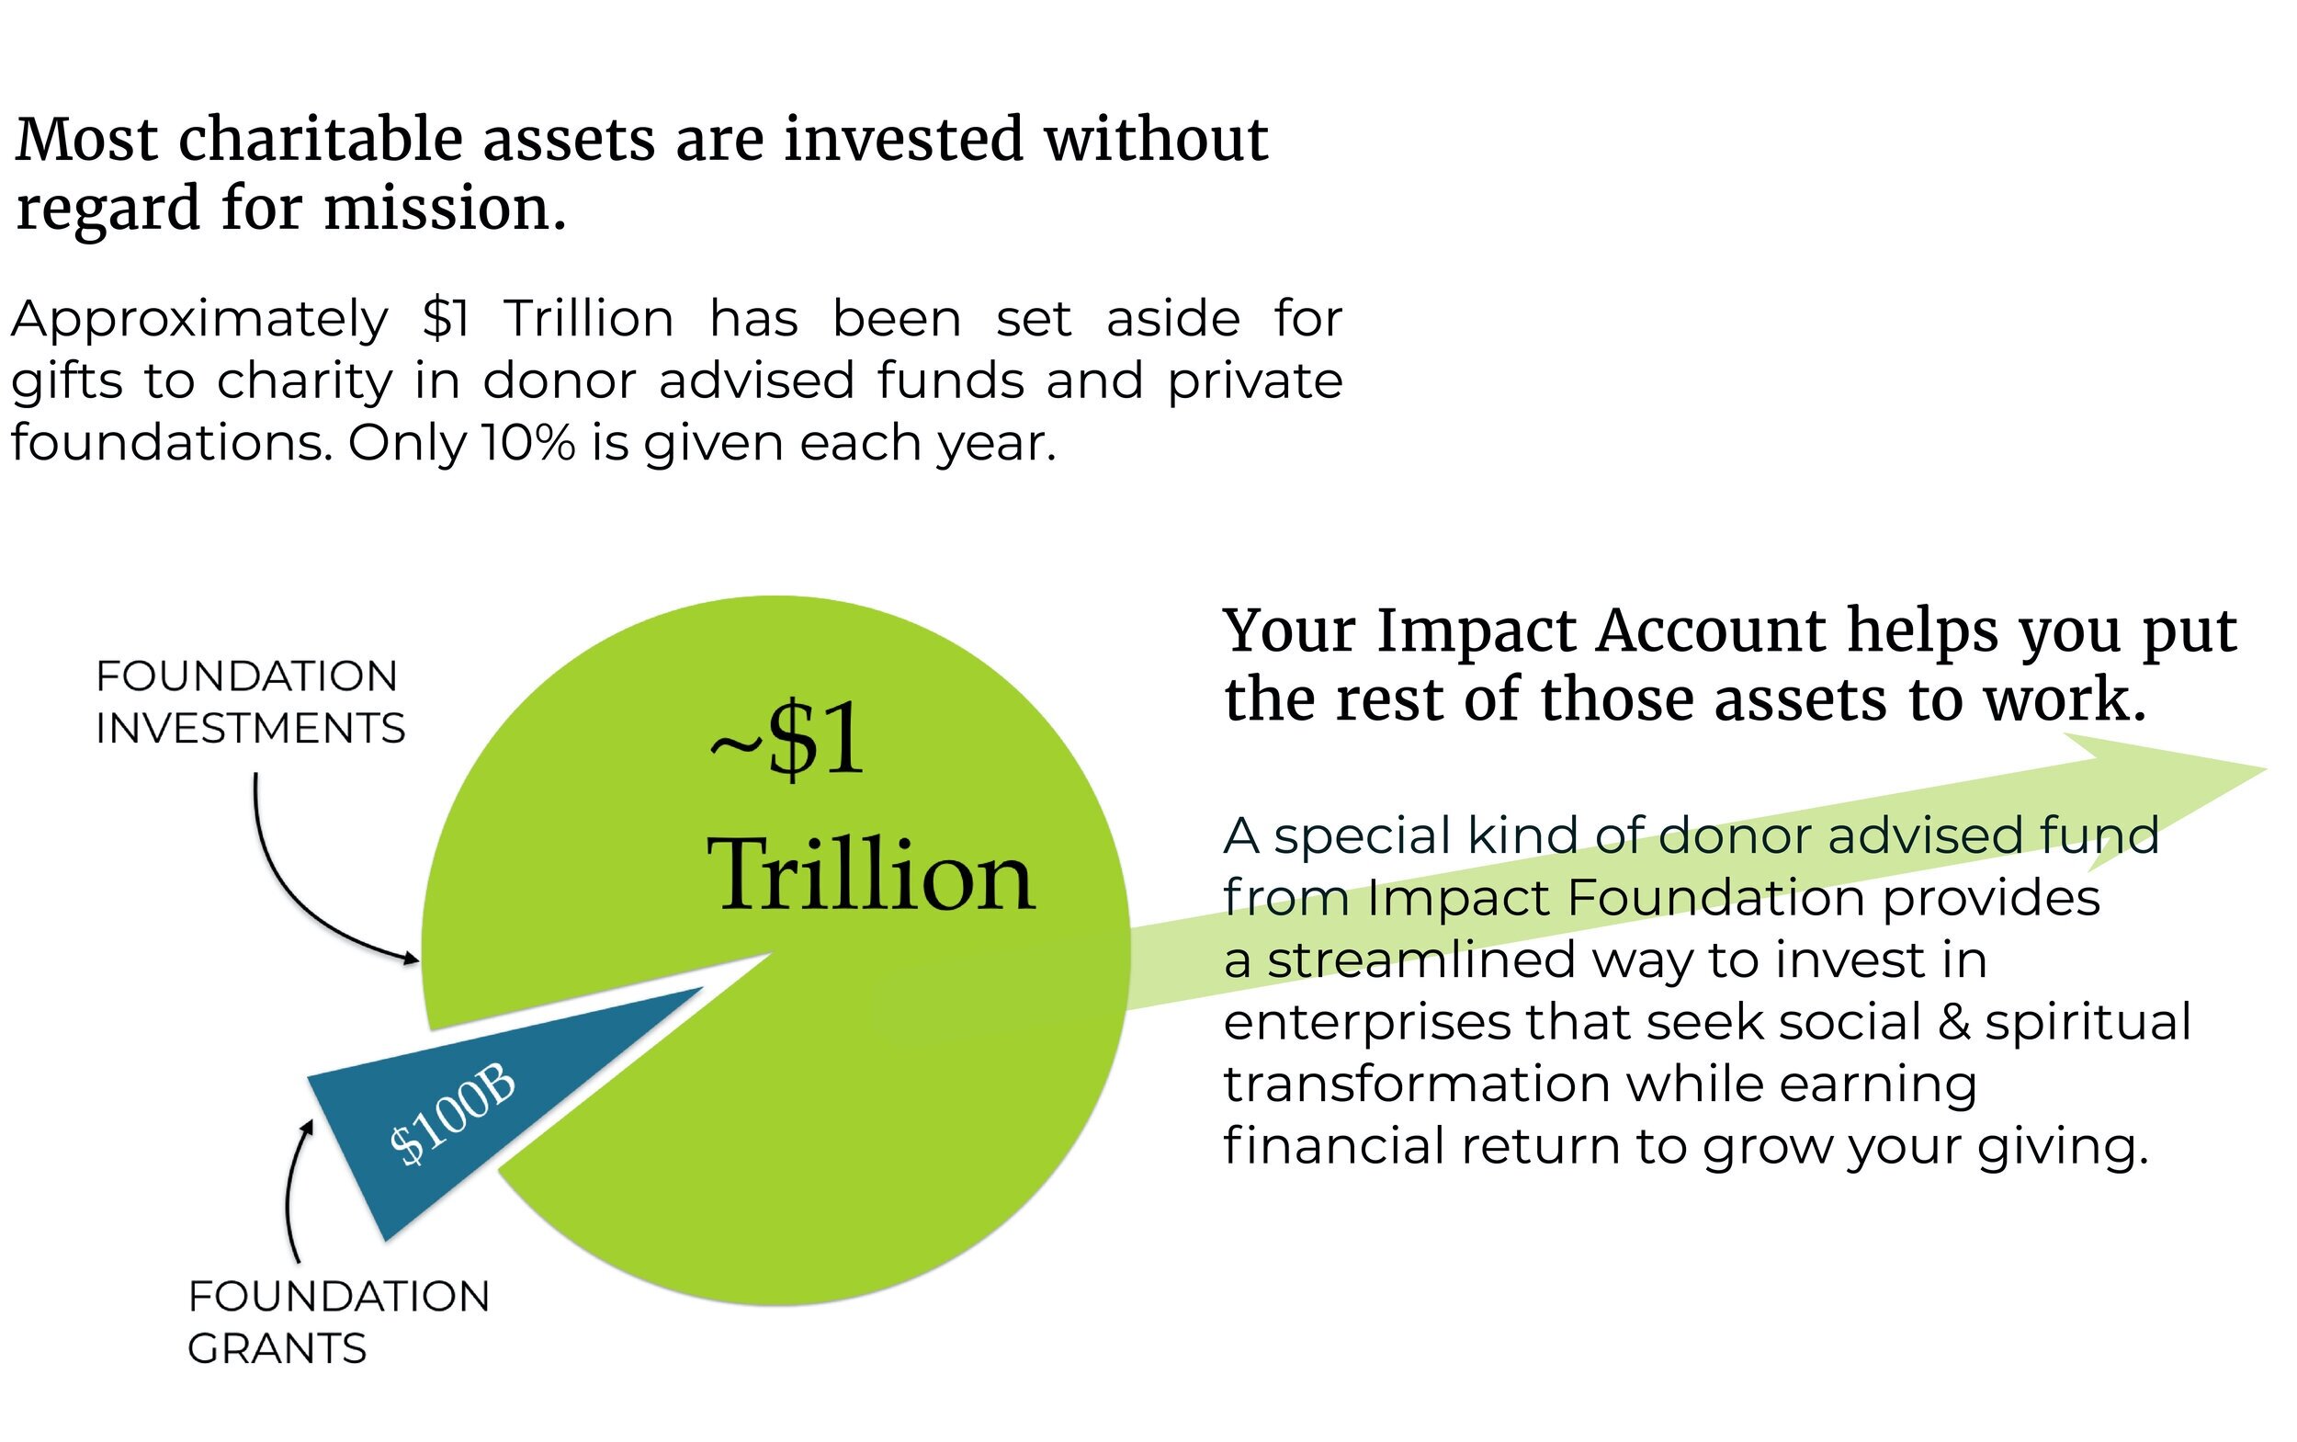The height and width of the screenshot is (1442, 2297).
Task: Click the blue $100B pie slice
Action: pyautogui.click(x=534, y=1068)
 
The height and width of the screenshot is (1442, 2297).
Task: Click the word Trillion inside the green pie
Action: pyautogui.click(x=869, y=876)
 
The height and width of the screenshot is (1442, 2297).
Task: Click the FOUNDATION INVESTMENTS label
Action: pyautogui.click(x=249, y=702)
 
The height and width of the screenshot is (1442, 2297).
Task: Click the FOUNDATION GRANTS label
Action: pyautogui.click(x=336, y=1322)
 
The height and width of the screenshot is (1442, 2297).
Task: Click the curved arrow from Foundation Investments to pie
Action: pyautogui.click(x=286, y=887)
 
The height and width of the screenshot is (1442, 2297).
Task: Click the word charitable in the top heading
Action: pyautogui.click(x=321, y=140)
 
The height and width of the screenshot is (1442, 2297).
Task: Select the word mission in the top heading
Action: pyautogui.click(x=444, y=208)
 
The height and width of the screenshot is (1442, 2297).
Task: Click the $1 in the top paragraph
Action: pyautogui.click(x=447, y=319)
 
